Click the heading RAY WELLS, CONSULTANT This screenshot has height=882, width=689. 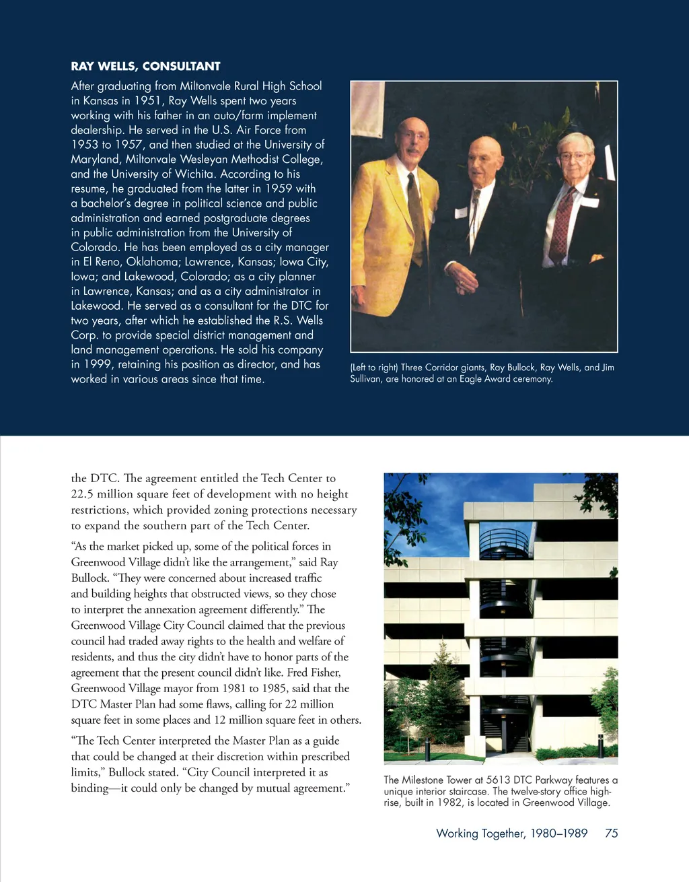tap(145, 66)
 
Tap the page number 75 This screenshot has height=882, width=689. tap(611, 834)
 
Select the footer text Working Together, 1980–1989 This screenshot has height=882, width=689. tap(511, 834)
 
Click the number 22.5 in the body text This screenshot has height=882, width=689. tap(82, 494)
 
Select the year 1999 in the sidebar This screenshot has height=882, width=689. tap(97, 364)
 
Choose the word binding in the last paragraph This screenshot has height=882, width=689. tap(89, 788)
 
